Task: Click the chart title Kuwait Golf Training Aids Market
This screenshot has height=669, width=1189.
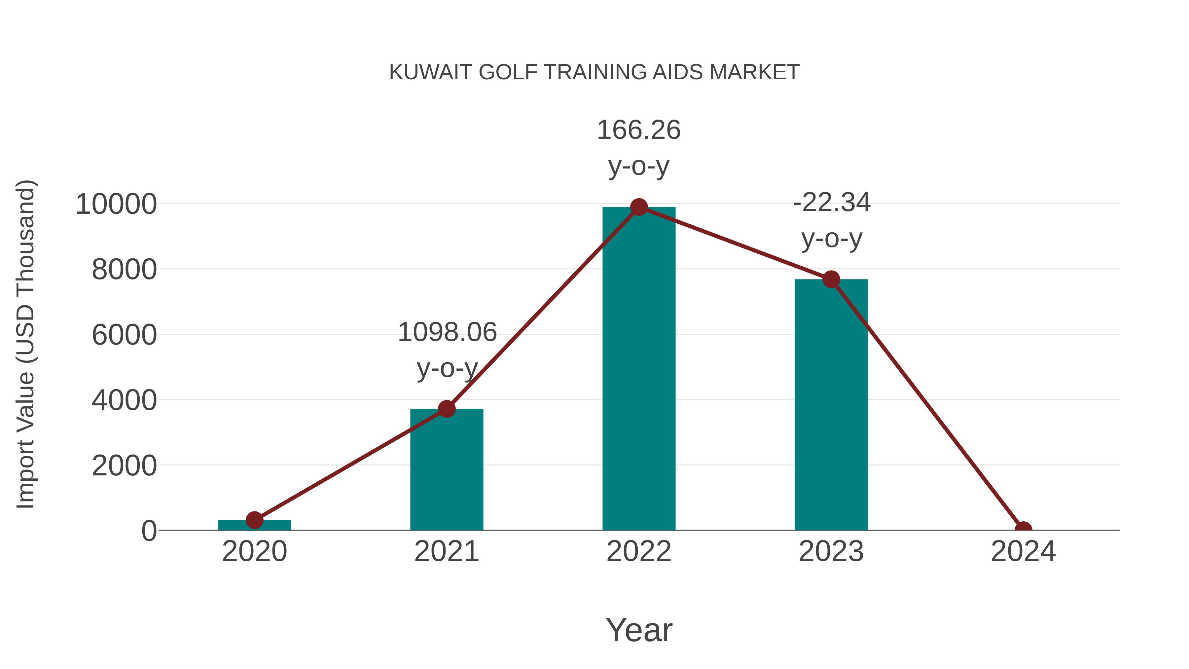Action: pyautogui.click(x=594, y=72)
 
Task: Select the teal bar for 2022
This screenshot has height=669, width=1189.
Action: pyautogui.click(x=639, y=369)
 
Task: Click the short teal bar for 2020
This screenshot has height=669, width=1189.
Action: pyautogui.click(x=254, y=525)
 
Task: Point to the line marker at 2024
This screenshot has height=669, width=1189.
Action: pyautogui.click(x=1023, y=529)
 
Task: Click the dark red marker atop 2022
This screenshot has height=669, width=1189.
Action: pyautogui.click(x=639, y=207)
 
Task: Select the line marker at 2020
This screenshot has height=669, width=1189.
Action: pyautogui.click(x=254, y=520)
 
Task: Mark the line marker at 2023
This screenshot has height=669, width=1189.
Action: pyautogui.click(x=831, y=279)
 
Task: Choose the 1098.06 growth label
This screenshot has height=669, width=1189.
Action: pyautogui.click(x=447, y=332)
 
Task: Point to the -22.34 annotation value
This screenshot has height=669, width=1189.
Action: pyautogui.click(x=831, y=203)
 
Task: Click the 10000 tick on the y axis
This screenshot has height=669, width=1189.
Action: pyautogui.click(x=116, y=204)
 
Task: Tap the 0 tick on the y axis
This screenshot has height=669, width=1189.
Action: pyautogui.click(x=149, y=531)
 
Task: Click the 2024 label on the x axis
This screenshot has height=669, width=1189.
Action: pyautogui.click(x=1023, y=551)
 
